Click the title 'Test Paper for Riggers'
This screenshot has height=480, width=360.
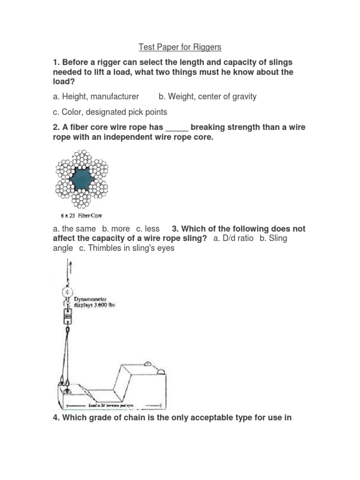[180, 47]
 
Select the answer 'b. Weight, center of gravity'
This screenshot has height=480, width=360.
[207, 97]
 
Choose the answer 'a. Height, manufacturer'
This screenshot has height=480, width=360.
[96, 97]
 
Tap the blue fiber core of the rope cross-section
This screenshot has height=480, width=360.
[82, 179]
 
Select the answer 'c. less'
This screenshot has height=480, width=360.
[148, 229]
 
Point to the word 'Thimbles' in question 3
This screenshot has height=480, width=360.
[102, 248]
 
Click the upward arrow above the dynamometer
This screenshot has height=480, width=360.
[70, 270]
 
